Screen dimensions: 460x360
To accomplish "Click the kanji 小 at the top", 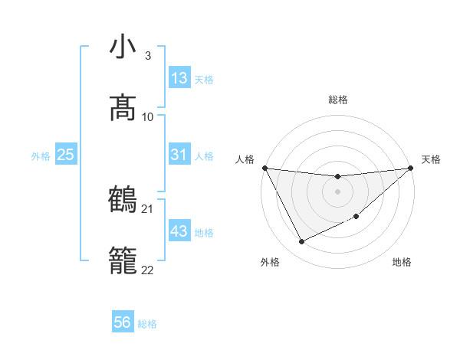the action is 123,47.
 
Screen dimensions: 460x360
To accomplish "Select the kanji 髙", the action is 123,109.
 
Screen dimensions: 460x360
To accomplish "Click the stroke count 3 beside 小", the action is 147,55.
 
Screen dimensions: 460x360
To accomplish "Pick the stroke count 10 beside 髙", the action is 148,116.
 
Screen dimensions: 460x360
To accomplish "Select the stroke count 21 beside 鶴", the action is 148,208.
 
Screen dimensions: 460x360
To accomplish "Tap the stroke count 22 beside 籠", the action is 148,270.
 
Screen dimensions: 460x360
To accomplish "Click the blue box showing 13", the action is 179,78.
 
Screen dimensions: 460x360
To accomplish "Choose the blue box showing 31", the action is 179,155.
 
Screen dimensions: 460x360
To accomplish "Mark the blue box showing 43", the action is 179,231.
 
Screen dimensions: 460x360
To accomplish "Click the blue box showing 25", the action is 65,155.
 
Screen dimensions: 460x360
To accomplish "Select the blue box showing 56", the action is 123,323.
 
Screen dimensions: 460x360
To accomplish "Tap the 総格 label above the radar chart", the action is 338,100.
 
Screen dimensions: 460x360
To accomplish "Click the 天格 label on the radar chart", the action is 431,159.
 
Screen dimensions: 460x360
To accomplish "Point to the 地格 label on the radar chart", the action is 402,263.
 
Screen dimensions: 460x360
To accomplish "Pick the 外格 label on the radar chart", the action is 270,263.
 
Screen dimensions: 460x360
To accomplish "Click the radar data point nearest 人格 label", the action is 264,168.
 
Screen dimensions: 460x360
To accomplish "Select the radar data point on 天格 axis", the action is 410,168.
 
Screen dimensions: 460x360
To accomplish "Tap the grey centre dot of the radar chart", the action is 337,191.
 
